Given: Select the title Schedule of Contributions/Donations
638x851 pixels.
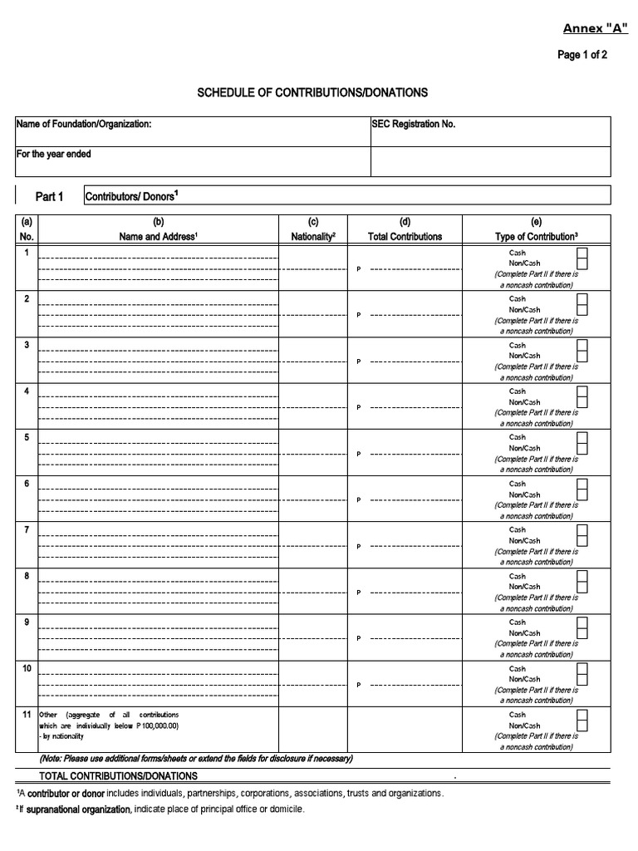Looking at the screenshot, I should [x=312, y=92].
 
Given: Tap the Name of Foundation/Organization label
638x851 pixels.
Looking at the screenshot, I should [x=84, y=124].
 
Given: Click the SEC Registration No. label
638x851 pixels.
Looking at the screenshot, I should [x=414, y=124].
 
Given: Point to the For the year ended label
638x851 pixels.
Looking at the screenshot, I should [x=54, y=155].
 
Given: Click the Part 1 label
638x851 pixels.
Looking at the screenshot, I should [x=49, y=197].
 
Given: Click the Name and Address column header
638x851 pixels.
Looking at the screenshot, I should [x=158, y=237].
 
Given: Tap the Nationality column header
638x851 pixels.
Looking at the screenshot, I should [x=313, y=237].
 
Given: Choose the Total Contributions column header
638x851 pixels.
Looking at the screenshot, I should [x=405, y=237].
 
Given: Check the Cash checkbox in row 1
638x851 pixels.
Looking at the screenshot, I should [x=582, y=253].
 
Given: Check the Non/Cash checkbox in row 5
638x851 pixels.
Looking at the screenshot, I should [x=582, y=448].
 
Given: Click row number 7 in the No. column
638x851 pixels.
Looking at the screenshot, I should [x=27, y=529].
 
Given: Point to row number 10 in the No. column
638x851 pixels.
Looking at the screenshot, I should [x=27, y=667].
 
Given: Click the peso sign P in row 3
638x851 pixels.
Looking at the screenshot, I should [x=359, y=362].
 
